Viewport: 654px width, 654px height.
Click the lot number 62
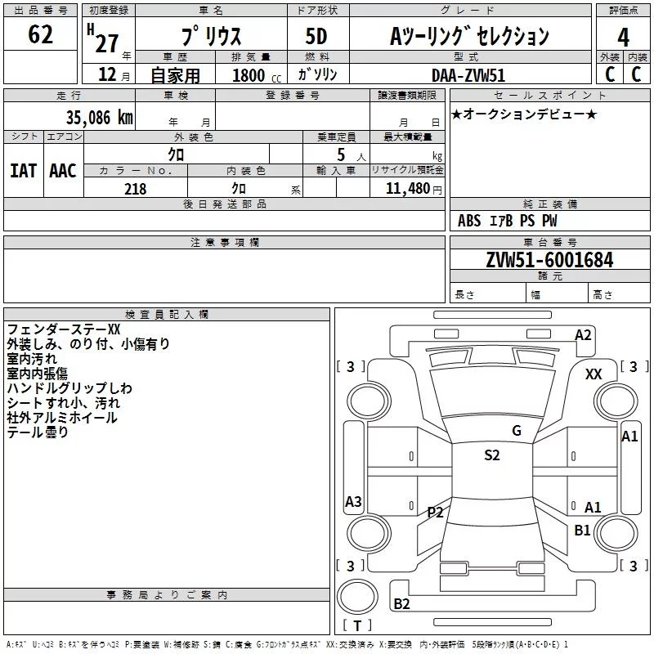(x=40, y=36)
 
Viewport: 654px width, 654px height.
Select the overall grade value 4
(x=624, y=37)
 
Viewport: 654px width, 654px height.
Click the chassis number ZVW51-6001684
(x=549, y=261)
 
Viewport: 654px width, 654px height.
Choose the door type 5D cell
(x=316, y=37)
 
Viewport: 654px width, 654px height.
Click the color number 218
(x=135, y=189)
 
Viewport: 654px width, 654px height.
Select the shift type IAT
(x=23, y=171)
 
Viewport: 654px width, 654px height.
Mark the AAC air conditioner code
(x=63, y=171)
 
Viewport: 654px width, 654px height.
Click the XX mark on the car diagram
(x=594, y=374)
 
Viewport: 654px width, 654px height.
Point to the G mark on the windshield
(x=516, y=431)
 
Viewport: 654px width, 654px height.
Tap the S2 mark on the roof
(x=491, y=455)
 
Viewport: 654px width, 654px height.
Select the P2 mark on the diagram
(x=435, y=513)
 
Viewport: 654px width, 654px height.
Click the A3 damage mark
(x=353, y=502)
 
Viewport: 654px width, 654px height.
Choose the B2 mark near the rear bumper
(x=402, y=604)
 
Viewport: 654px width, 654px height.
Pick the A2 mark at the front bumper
(x=583, y=334)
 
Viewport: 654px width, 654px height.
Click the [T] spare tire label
(x=356, y=625)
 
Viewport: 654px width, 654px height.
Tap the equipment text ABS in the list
(x=469, y=221)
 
